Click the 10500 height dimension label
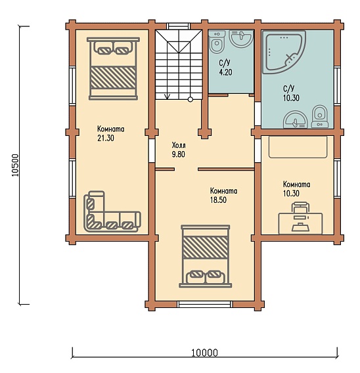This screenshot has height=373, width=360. pos(15,165)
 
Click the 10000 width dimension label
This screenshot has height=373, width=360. pos(204,353)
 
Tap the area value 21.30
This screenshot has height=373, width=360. pos(106,138)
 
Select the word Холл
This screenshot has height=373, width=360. pos(179,145)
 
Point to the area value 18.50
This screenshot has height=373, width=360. pos(218,200)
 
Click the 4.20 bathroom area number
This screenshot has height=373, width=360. pos(225,72)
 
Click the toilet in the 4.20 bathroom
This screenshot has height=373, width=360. pos(217,41)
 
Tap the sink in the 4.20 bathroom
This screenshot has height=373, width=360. pos(240,38)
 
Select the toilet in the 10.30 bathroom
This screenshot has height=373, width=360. pos(319,116)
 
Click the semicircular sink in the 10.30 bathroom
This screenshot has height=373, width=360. pos(295,120)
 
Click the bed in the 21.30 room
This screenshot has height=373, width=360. pos(113,68)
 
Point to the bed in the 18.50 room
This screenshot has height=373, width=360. pos(206,256)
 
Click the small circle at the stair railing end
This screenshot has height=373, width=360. pos(190,99)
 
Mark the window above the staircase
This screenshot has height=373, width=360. pos(178,26)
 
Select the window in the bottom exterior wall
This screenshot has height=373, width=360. pos(205,305)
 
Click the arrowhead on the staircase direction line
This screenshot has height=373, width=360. pos(168,97)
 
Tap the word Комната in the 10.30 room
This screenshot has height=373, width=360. pos(296,185)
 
